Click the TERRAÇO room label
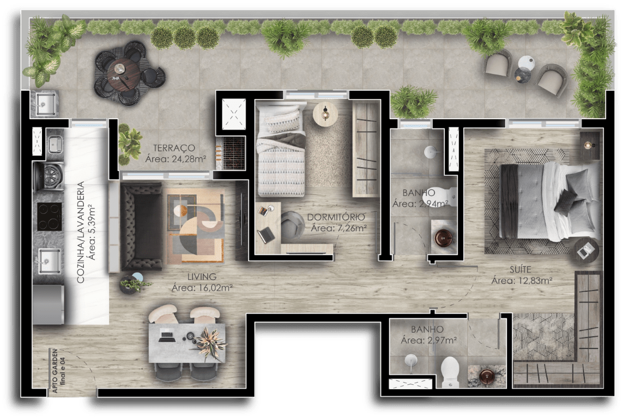point(174,147)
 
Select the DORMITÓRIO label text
point(336,217)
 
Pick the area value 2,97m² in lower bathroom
point(428,340)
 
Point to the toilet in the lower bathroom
point(451,371)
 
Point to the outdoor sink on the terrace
point(46,103)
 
